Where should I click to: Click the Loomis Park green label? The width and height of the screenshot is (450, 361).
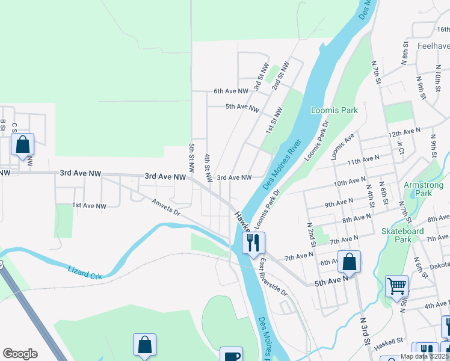click(x=334, y=110)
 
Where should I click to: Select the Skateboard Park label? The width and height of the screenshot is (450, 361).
click(x=402, y=235)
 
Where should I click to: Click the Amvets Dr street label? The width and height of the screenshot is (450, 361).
click(x=166, y=208)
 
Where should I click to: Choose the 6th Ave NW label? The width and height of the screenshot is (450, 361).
click(x=231, y=91)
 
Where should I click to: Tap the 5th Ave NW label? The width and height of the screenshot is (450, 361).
click(x=242, y=107)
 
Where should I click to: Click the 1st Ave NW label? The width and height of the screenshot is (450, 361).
click(x=89, y=206)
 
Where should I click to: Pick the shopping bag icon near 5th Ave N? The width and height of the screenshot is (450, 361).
click(x=349, y=262)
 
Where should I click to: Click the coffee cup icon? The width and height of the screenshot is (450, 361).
click(x=231, y=356)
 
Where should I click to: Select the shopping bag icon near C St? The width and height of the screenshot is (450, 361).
click(x=22, y=144)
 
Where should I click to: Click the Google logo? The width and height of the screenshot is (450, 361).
click(x=20, y=354)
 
